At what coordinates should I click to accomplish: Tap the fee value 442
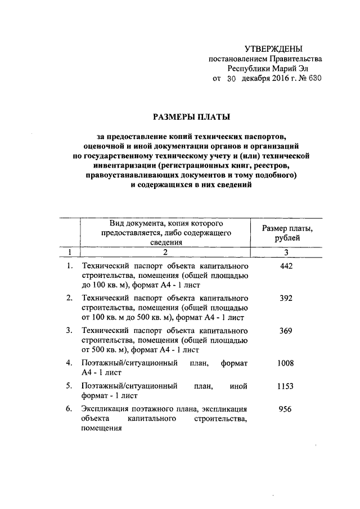pyautogui.click(x=286, y=266)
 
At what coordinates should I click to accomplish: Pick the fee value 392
pyautogui.click(x=286, y=298)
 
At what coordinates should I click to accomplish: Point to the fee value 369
pyautogui.click(x=286, y=331)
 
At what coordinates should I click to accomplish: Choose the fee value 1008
pyautogui.click(x=286, y=363)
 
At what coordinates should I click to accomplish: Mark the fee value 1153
pyautogui.click(x=286, y=387)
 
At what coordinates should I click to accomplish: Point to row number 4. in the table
pyautogui.click(x=69, y=363)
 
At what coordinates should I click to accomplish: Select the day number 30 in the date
pyautogui.click(x=231, y=79)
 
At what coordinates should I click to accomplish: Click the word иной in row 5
pyautogui.click(x=239, y=387)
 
